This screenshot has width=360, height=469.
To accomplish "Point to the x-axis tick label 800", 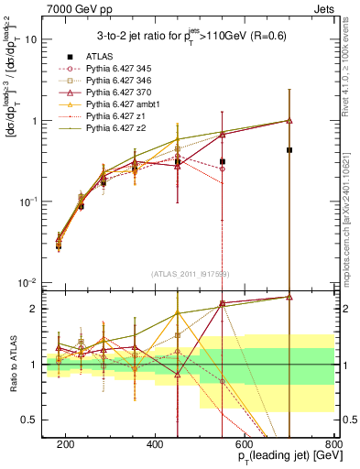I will [333, 443].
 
